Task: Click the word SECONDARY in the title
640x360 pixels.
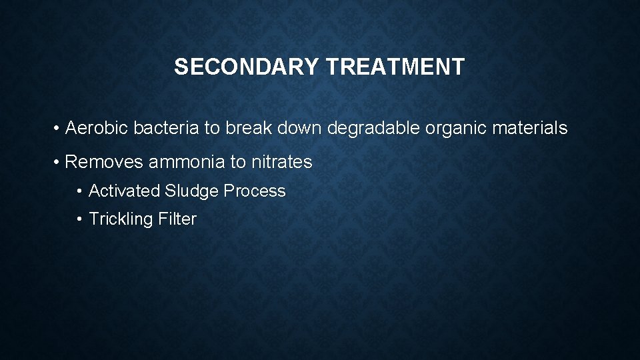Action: (x=247, y=67)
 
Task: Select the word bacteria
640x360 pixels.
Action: (x=166, y=128)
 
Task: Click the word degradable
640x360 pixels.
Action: (x=373, y=128)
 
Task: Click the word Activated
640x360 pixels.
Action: (x=124, y=191)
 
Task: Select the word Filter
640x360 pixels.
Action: (x=177, y=219)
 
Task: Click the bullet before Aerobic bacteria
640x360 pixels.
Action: (x=58, y=129)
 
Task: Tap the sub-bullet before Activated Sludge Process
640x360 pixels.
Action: (x=80, y=192)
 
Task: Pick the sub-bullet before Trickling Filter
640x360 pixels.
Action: (x=80, y=219)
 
